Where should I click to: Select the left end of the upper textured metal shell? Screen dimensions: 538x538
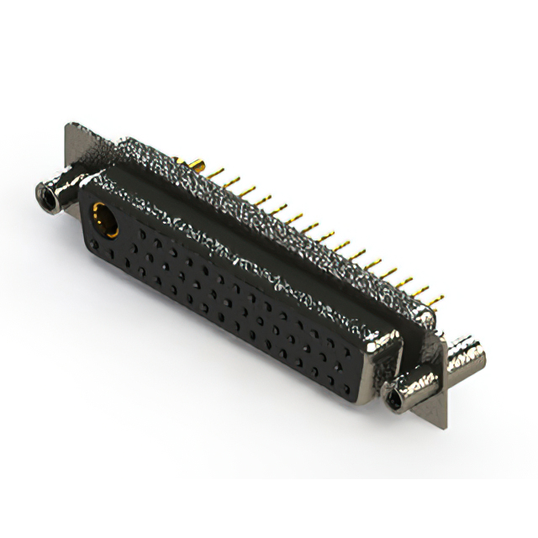point(126,151)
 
